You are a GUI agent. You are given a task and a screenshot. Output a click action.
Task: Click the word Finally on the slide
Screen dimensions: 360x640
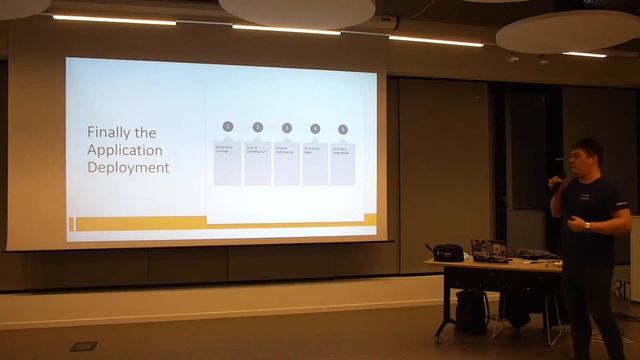107,131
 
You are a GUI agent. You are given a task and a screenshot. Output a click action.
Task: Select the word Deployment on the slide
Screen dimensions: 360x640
128,167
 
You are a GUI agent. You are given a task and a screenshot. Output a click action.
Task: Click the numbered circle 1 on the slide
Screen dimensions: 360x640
228,127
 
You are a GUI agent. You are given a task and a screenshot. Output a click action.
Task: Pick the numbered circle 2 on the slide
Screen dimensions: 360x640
257,127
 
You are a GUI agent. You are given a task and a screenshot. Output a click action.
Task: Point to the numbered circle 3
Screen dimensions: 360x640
286,127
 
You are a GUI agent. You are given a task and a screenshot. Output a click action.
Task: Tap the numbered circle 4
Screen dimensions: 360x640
315,128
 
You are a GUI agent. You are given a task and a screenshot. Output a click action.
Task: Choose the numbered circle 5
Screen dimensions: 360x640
343,129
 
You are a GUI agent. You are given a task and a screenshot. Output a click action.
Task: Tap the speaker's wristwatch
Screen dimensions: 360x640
587,226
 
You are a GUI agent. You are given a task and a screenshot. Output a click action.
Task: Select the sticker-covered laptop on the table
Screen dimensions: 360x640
489,250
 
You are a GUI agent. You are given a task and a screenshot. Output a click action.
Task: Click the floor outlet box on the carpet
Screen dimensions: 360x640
84,346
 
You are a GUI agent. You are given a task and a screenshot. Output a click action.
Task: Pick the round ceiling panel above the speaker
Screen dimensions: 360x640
566,30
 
